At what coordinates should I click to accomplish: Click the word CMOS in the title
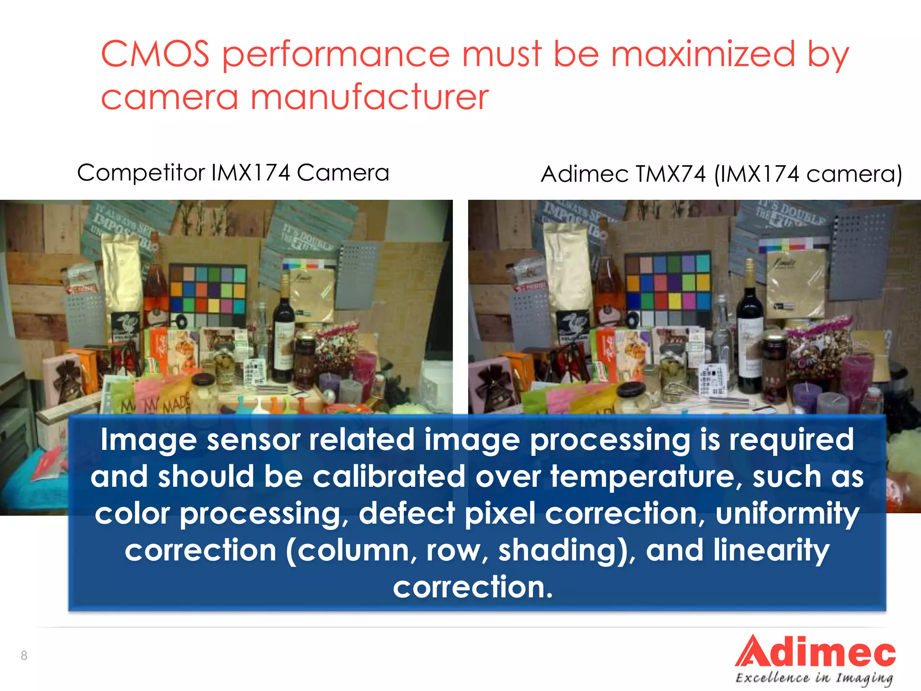(155, 54)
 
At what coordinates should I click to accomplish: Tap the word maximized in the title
(703, 54)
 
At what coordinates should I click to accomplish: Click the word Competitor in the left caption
(141, 173)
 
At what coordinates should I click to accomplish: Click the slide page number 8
(24, 655)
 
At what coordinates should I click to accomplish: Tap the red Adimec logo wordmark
(815, 652)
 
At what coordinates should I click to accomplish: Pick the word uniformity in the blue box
(787, 514)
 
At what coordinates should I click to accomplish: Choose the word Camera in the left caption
(343, 173)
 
